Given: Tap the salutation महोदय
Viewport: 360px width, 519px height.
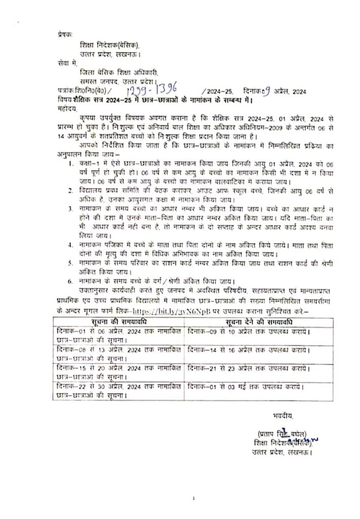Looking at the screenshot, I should (66, 108).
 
